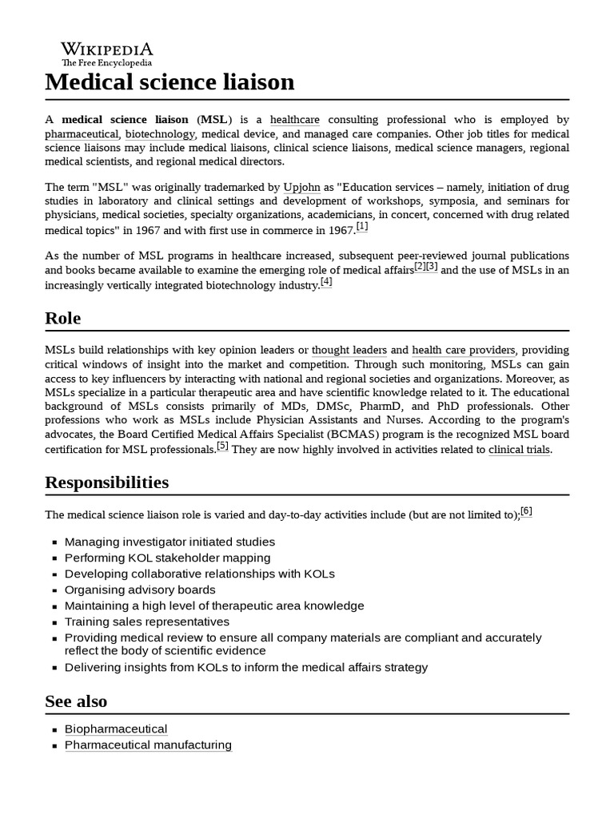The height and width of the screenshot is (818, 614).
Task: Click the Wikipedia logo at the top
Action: click(x=107, y=54)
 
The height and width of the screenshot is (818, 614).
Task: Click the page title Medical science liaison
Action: click(x=169, y=82)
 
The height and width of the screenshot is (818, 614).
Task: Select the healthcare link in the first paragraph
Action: click(x=294, y=120)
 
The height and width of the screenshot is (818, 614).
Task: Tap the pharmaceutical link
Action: click(x=82, y=134)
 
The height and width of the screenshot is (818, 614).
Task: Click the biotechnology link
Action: click(x=160, y=134)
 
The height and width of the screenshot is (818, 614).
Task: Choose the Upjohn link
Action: click(x=301, y=187)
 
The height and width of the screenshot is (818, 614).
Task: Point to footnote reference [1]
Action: click(x=362, y=227)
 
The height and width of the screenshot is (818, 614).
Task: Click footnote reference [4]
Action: click(x=326, y=282)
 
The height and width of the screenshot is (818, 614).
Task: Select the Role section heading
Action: click(x=63, y=319)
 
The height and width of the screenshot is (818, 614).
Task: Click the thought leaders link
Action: click(x=349, y=350)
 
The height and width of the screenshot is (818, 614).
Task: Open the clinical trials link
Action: click(x=520, y=450)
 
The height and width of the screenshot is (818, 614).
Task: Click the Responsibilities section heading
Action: click(x=107, y=482)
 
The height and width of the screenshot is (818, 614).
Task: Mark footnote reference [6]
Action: click(x=526, y=511)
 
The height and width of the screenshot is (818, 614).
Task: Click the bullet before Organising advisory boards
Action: click(x=54, y=590)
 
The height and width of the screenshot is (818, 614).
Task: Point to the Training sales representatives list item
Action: click(x=147, y=621)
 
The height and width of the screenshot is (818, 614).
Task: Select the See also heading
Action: click(x=76, y=701)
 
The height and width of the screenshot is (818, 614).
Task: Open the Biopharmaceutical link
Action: click(x=116, y=729)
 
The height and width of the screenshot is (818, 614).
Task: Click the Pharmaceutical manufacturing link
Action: click(x=148, y=745)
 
